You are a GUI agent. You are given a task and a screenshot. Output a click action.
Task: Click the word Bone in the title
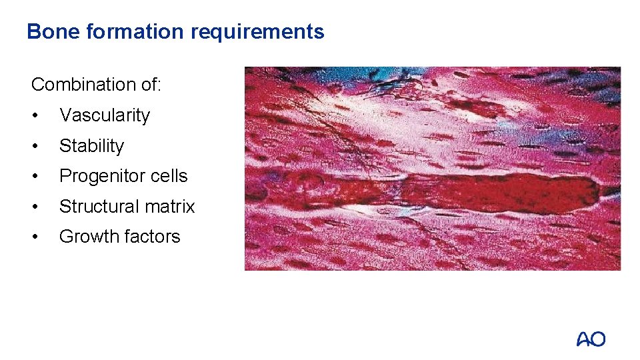click(49, 31)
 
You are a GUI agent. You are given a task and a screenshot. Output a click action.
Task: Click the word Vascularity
click(105, 115)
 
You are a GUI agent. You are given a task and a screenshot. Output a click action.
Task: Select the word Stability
click(91, 146)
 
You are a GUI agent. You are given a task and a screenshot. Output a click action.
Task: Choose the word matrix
click(171, 207)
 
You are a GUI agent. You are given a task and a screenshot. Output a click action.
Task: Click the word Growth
click(83, 237)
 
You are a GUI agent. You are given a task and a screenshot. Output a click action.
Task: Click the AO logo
click(591, 339)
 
